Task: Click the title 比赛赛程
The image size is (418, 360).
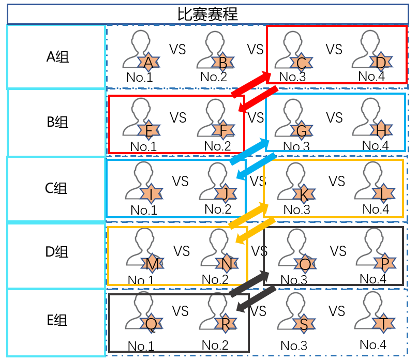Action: point(207,14)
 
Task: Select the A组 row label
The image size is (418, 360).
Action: point(57,57)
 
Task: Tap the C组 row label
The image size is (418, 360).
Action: point(56,188)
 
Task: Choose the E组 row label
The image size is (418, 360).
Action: point(57,320)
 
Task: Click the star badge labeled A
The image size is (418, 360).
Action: point(148,63)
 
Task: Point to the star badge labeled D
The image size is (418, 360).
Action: point(381,62)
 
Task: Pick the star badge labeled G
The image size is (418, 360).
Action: point(302,130)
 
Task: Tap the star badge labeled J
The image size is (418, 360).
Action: point(226,194)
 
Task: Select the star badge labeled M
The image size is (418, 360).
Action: point(153,264)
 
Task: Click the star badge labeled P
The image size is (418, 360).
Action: point(385,263)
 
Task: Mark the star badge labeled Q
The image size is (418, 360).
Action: point(151,324)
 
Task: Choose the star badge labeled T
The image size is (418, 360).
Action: point(383,323)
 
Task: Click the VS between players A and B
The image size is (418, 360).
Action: point(177,50)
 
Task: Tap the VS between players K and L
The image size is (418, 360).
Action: point(337,181)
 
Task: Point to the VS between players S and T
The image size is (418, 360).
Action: point(337,311)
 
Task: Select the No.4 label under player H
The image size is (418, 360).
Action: point(376,145)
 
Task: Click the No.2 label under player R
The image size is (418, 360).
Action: point(215,345)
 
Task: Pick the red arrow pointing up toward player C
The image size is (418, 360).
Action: point(251,84)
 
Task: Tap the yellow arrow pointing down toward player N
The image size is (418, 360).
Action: point(256,231)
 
